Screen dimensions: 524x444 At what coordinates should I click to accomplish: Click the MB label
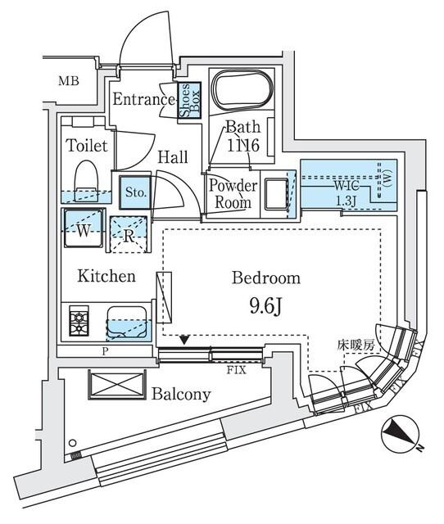pos(69,80)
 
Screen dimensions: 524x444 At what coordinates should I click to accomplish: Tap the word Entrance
pos(144,101)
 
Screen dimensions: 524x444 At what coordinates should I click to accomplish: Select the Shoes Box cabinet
pos(186,102)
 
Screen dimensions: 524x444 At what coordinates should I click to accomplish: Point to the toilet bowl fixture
pos(86,178)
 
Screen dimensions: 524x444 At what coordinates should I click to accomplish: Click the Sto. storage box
pos(135,193)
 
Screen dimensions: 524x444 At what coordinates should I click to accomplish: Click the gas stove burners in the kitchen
pos(81,320)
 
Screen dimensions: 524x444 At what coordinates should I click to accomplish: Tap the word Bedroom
pos(265,278)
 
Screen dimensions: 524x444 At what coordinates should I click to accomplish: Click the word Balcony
pos(181,395)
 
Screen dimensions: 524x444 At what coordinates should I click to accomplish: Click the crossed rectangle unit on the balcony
pos(115,385)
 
